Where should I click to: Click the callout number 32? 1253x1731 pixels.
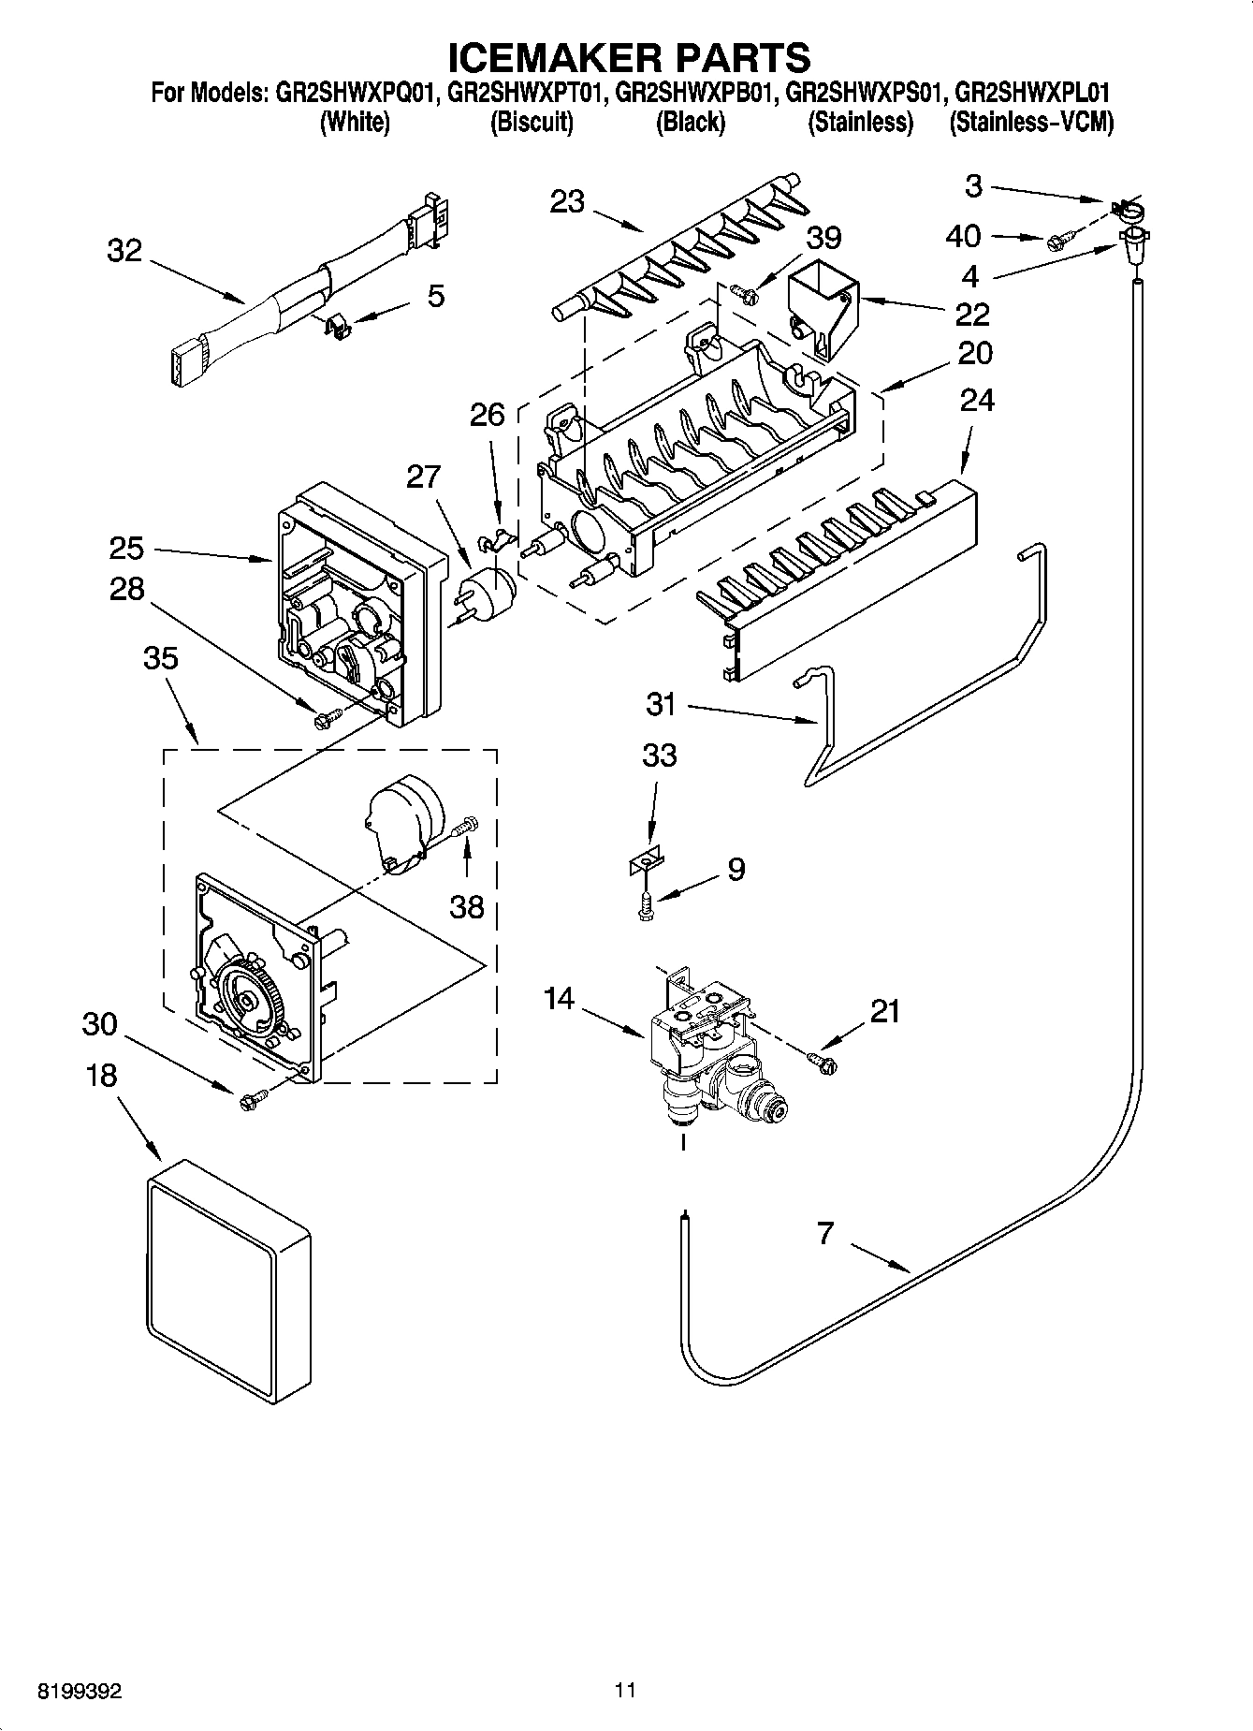click(124, 251)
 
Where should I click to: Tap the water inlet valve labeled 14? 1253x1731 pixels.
click(707, 1049)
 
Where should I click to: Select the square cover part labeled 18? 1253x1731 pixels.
click(227, 1280)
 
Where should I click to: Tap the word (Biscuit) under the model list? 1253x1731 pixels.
click(531, 122)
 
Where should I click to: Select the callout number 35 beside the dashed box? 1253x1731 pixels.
click(161, 658)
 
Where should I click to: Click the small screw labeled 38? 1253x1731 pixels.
click(465, 828)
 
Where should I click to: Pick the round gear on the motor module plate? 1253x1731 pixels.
click(248, 1003)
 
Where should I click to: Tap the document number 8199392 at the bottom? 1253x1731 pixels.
click(79, 1692)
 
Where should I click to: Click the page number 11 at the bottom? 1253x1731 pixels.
click(625, 1691)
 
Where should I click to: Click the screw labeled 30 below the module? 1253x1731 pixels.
click(249, 1101)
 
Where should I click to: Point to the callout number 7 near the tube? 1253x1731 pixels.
click(823, 1234)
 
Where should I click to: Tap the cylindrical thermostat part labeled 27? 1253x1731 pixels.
click(488, 592)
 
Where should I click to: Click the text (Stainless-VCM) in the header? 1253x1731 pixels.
click(1031, 122)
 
